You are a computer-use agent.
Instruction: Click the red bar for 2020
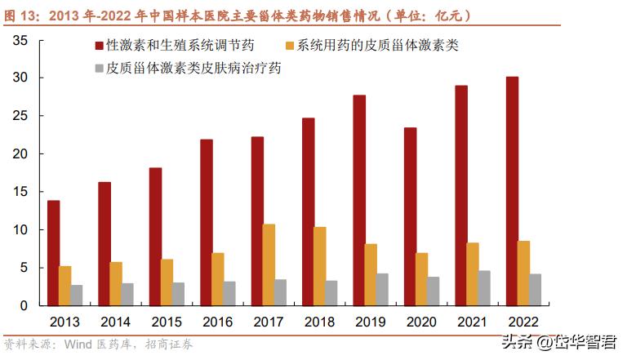pyautogui.click(x=410, y=216)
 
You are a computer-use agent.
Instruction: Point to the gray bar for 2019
pyautogui.click(x=382, y=289)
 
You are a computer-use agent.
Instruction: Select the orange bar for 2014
pyautogui.click(x=116, y=283)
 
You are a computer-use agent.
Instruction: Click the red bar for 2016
pyautogui.click(x=206, y=222)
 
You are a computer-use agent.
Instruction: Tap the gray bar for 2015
pyautogui.click(x=179, y=294)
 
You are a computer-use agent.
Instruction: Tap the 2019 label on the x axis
pyautogui.click(x=371, y=321)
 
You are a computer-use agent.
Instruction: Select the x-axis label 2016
pyautogui.click(x=217, y=321)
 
